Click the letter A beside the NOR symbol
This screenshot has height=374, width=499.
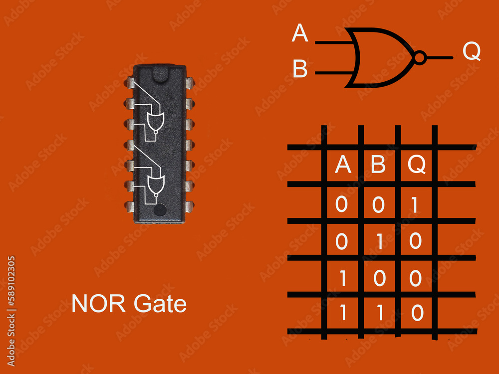pos(300,33)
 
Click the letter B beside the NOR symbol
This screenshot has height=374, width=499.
pos(300,69)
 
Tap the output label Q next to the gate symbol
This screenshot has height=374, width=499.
pos(472,51)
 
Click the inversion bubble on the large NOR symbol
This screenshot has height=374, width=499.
pos(420,58)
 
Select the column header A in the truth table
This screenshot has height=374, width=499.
pos(343,165)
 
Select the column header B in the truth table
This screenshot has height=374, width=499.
pos(378,165)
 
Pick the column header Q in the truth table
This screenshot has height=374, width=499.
pos(417,165)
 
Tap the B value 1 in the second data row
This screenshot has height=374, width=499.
pos(379,241)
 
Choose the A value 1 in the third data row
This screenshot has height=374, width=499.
pos(343,278)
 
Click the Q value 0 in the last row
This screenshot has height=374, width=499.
pos(417,313)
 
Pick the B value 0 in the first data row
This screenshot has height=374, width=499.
pos(379,204)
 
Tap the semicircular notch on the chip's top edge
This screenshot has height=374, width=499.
pos(160,74)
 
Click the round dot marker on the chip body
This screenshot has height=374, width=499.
pos(160,210)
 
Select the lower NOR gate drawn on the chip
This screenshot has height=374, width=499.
pos(155,185)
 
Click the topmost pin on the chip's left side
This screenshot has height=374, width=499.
pos(129,83)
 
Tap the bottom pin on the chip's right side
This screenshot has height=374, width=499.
pos(190,206)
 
